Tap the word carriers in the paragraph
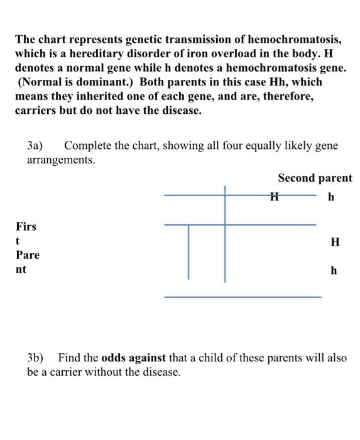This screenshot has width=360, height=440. pyautogui.click(x=36, y=111)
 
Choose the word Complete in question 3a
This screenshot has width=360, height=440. pyautogui.click(x=88, y=146)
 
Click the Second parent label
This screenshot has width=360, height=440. pyautogui.click(x=315, y=178)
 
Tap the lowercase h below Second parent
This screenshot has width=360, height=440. pyautogui.click(x=331, y=198)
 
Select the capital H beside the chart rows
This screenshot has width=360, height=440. pyautogui.click(x=335, y=242)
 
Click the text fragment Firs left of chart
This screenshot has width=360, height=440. pyautogui.click(x=26, y=226)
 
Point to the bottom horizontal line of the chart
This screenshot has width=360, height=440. pyautogui.click(x=243, y=297)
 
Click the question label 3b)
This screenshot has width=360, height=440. pyautogui.click(x=35, y=358)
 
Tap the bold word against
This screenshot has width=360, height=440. pyautogui.click(x=148, y=358)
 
